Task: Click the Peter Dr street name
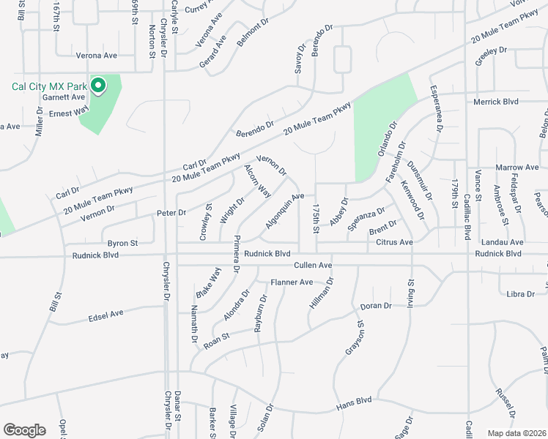click(172, 212)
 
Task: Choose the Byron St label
click(122, 243)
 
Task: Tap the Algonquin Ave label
click(284, 210)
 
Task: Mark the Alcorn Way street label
click(257, 181)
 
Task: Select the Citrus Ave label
click(395, 242)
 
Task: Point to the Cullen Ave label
click(314, 265)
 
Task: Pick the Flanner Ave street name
click(292, 282)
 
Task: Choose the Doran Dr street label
click(376, 305)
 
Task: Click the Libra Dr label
click(520, 294)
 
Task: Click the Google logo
click(24, 430)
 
